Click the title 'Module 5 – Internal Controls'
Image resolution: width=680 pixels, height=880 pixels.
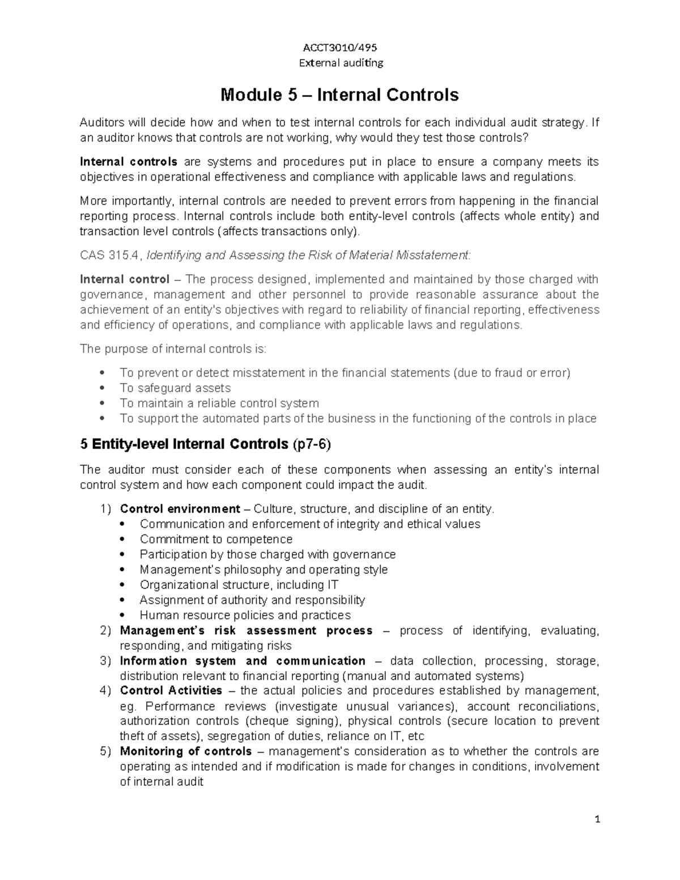pos(339,95)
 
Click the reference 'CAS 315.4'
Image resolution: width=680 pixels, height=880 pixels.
pos(111,256)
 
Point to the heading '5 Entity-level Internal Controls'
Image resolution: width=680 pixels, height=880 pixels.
pos(184,444)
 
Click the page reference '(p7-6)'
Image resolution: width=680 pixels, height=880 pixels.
pos(311,445)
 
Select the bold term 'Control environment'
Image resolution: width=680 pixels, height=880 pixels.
pos(180,509)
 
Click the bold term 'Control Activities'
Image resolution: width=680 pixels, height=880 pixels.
pos(171,691)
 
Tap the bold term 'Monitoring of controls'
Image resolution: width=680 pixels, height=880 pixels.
pos(186,751)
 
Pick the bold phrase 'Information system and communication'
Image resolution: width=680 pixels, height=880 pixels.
pos(243,661)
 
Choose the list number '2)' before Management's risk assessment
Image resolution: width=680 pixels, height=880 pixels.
pos(105,631)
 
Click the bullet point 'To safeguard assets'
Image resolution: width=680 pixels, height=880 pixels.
pos(175,388)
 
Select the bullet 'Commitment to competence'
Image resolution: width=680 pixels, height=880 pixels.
pos(216,539)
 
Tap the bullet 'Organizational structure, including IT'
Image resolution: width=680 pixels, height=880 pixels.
pos(239,585)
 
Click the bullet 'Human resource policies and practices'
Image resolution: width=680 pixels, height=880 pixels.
pos(245,615)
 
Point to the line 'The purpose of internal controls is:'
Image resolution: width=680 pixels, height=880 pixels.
pos(173,349)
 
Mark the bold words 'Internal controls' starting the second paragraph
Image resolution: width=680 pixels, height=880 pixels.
pos(129,162)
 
